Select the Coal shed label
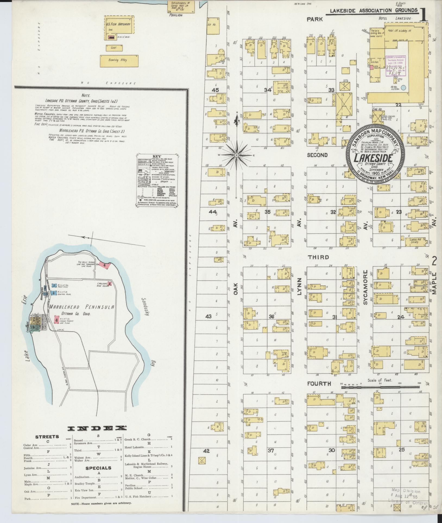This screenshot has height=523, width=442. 113,47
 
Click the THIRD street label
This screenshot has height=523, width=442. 318,257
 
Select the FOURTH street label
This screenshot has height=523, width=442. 319,383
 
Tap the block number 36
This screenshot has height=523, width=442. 271,317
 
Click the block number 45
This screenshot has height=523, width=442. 215,90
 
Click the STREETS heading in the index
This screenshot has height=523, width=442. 47,437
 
